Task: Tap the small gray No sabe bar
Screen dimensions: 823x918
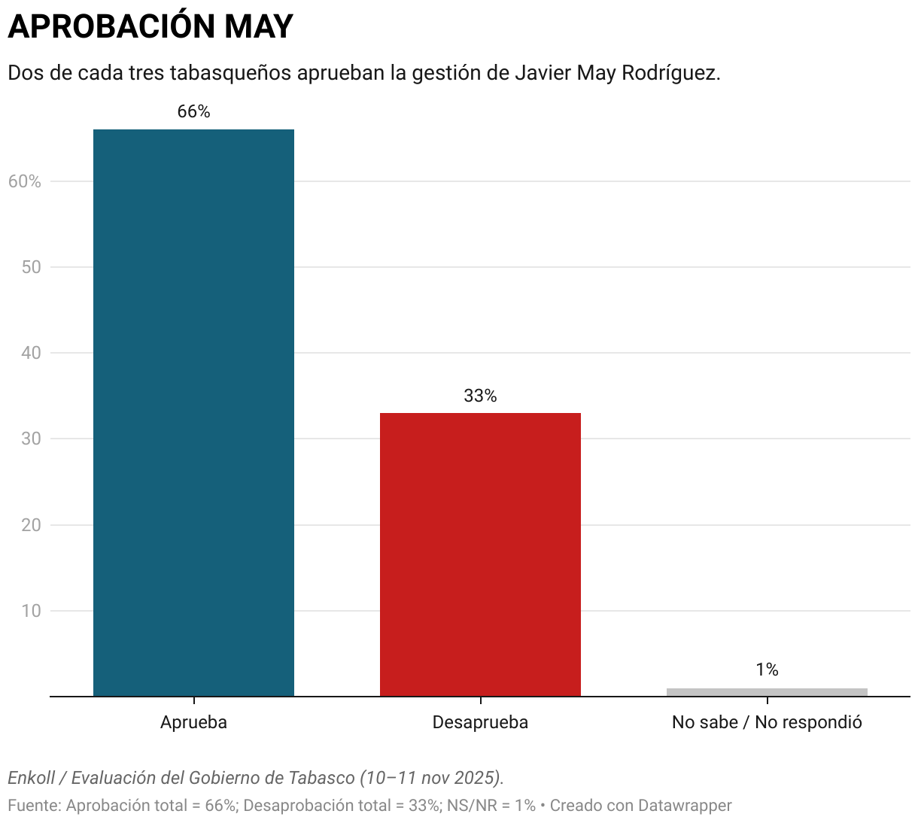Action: (767, 692)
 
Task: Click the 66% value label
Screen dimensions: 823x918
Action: (193, 112)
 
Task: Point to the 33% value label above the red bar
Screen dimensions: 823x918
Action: (480, 396)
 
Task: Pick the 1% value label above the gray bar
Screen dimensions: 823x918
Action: (767, 670)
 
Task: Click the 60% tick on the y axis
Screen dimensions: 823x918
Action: (25, 181)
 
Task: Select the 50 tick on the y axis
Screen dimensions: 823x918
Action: (31, 267)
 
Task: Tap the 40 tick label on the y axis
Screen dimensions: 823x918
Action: (31, 353)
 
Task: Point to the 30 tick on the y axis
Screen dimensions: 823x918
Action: (31, 439)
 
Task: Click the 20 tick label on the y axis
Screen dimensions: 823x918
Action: (31, 525)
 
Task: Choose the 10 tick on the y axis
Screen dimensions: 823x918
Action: (31, 611)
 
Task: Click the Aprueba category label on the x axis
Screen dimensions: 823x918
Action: (193, 722)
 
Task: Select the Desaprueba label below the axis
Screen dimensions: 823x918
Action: (480, 722)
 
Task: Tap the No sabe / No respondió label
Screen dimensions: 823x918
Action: (767, 722)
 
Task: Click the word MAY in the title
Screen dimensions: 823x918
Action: (258, 27)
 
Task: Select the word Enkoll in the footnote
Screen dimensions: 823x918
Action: (31, 777)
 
